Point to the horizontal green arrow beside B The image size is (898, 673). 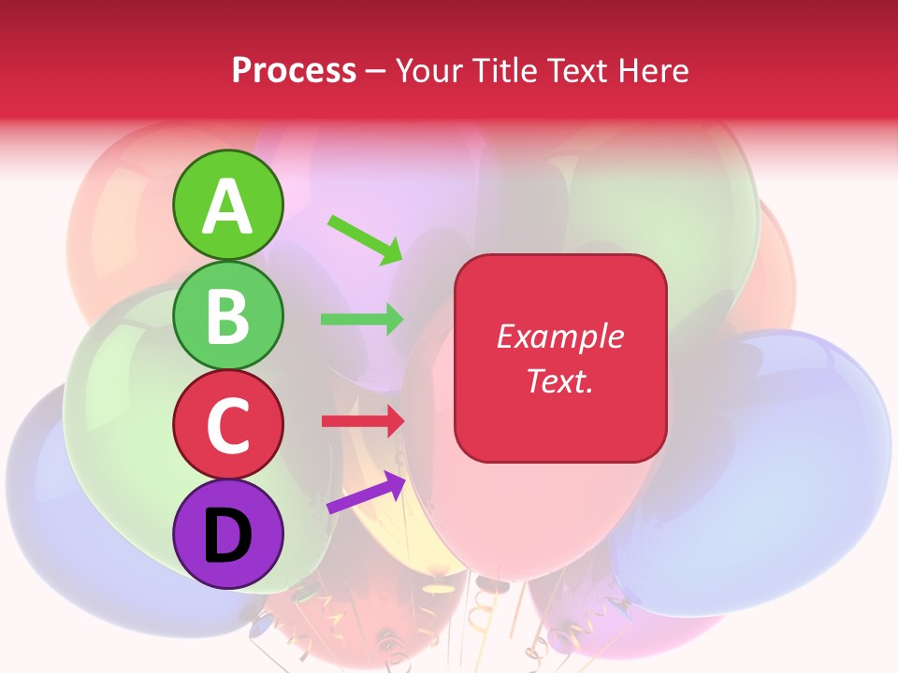(362, 320)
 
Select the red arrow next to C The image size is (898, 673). (362, 421)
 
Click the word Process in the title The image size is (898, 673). (294, 71)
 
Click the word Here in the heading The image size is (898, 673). (655, 71)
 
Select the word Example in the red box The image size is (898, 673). (559, 336)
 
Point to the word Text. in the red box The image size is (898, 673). (559, 380)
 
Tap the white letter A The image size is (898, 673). (227, 208)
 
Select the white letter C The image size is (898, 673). (227, 425)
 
